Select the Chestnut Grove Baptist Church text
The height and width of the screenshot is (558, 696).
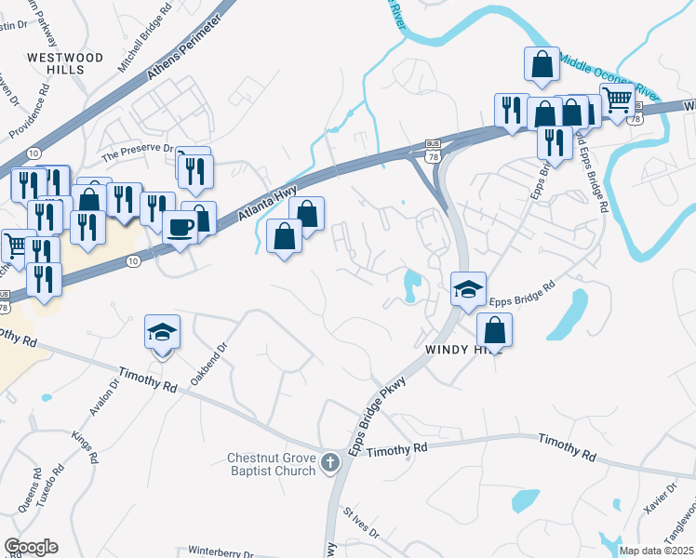pyautogui.click(x=274, y=463)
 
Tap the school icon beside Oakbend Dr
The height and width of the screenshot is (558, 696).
pyautogui.click(x=162, y=333)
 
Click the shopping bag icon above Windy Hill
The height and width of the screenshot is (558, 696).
pyautogui.click(x=495, y=329)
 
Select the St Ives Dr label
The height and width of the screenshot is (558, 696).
pyautogui.click(x=360, y=523)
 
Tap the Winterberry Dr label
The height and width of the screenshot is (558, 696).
pyautogui.click(x=221, y=550)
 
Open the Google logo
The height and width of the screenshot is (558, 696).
pyautogui.click(x=31, y=547)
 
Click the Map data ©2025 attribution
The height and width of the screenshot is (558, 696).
pyautogui.click(x=656, y=551)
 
